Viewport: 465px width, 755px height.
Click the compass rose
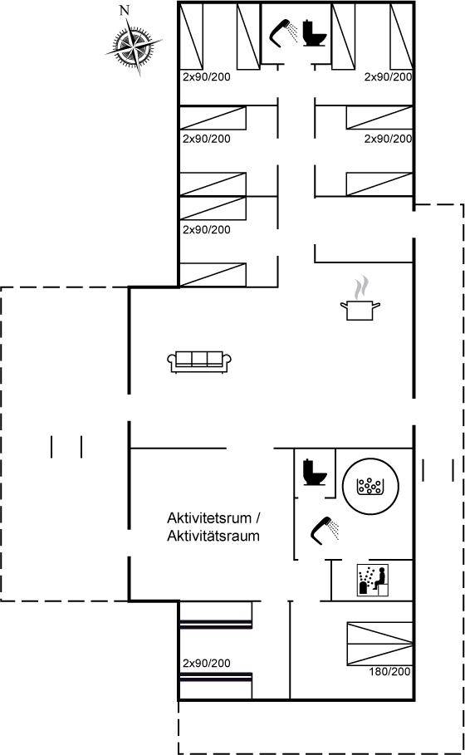[x=134, y=47]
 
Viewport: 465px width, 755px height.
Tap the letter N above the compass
[x=125, y=11]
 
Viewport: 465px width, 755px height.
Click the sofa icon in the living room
[x=199, y=361]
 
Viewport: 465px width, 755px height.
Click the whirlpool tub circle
[x=370, y=486]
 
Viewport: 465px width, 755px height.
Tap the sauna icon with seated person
[x=373, y=580]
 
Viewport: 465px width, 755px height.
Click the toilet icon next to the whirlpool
[x=315, y=473]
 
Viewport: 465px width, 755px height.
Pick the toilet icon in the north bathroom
[x=315, y=32]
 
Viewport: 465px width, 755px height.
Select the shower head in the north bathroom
[x=283, y=32]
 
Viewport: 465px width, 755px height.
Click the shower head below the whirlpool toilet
[x=325, y=530]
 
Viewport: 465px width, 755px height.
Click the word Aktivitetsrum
[x=209, y=518]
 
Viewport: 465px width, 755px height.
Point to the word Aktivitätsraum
[x=213, y=536]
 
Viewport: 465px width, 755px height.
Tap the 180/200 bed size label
[x=390, y=671]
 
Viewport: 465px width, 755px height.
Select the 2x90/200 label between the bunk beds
[x=207, y=663]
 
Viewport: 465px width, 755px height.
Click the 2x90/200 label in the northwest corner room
[x=207, y=76]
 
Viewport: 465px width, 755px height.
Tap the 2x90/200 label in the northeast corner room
[x=388, y=76]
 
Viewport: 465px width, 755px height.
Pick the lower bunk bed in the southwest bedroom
[x=216, y=686]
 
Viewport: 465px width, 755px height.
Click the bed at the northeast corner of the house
[x=401, y=35]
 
